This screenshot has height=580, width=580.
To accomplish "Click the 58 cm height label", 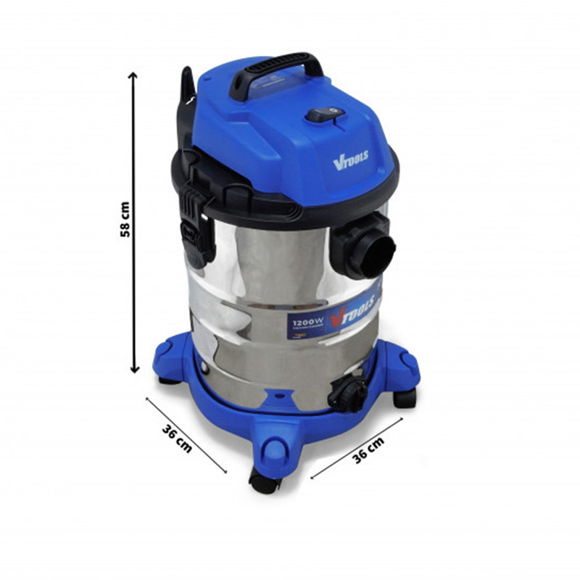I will pos(125,220).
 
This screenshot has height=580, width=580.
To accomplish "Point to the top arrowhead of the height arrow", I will pos(133,76).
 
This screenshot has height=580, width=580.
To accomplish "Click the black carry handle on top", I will pos(276,69).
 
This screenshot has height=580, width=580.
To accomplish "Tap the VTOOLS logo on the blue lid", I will pos(350,159).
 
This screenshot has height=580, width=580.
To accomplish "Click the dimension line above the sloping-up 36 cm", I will pos(357,447).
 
